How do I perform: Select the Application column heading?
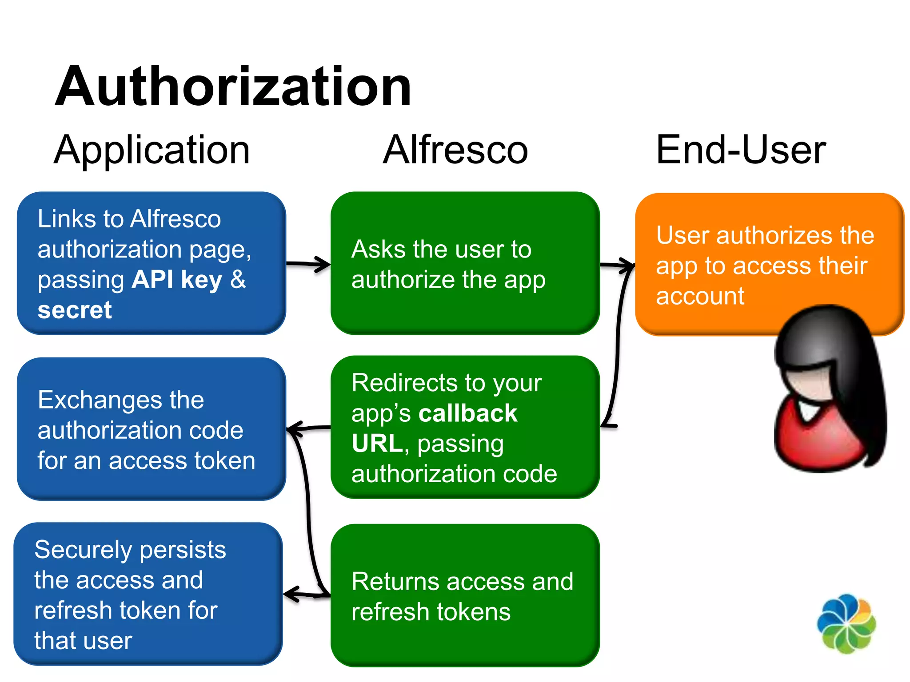(152, 150)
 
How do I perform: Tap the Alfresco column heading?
(455, 150)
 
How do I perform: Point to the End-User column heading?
(741, 150)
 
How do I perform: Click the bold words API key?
(177, 280)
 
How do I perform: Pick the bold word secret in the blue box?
(75, 310)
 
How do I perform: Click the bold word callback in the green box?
(468, 413)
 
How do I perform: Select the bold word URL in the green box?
(377, 444)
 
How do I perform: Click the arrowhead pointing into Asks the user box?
(323, 264)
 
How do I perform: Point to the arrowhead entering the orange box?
(628, 266)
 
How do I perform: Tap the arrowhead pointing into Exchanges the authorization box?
(294, 429)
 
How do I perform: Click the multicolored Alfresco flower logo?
(846, 624)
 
